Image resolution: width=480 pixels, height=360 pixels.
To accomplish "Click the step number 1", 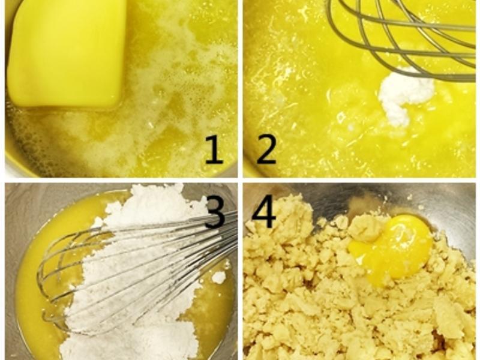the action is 214,150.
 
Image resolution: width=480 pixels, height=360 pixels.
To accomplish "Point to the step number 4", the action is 264,211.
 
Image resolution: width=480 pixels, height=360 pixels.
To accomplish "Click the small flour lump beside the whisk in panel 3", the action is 219,277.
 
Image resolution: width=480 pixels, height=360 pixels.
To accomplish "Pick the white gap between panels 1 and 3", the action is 121,180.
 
